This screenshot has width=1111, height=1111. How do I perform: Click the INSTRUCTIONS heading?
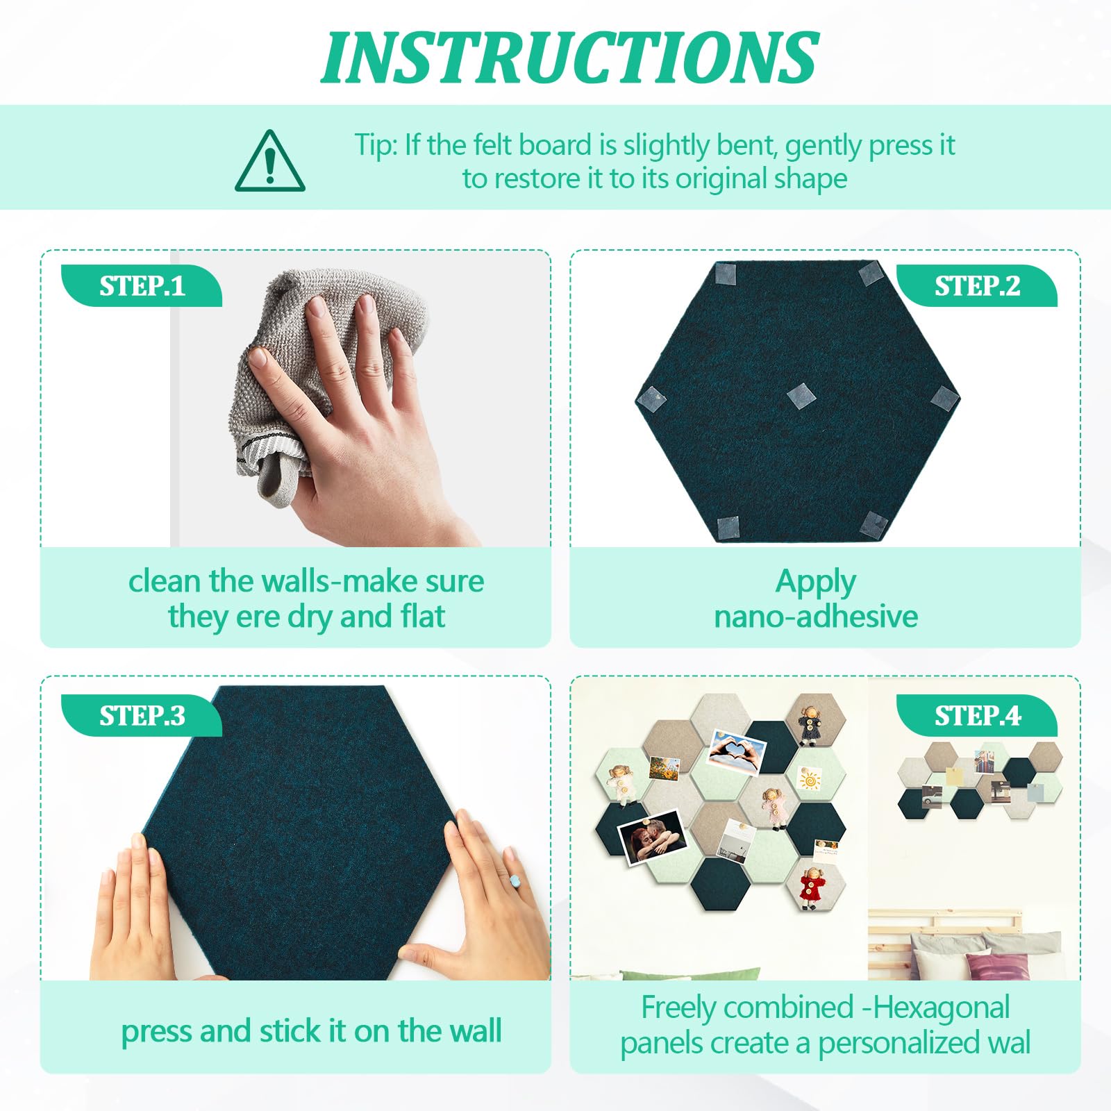[x=569, y=58]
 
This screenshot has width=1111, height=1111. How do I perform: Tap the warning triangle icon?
[x=270, y=161]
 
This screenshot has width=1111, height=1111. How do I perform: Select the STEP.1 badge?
[x=142, y=286]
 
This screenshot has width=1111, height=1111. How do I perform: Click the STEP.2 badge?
[x=977, y=286]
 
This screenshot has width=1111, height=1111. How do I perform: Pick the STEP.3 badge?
[x=142, y=715]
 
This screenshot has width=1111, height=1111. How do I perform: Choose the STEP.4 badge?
[x=977, y=715]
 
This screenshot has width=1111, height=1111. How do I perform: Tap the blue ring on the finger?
[x=515, y=881]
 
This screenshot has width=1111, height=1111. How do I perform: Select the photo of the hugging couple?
[x=651, y=838]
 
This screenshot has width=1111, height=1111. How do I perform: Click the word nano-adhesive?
[x=816, y=617]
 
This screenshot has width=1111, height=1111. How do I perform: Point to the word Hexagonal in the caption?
[x=941, y=1008]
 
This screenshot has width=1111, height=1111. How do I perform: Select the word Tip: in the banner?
[x=376, y=146]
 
